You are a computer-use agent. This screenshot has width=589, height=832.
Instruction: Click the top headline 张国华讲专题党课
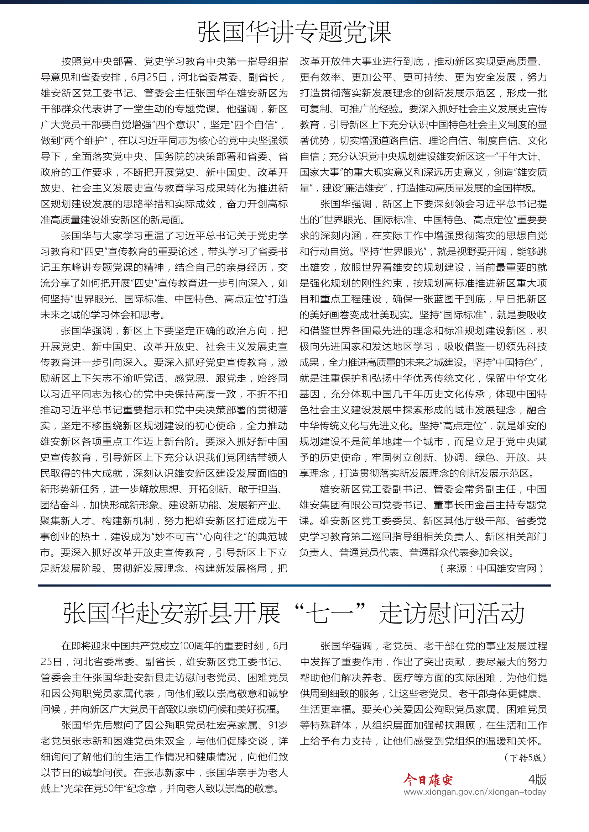[294, 32]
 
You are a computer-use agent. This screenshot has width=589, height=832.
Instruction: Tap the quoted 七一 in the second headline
[329, 614]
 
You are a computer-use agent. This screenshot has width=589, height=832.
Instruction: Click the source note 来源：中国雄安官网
[491, 568]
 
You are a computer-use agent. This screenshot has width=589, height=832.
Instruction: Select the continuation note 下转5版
[525, 757]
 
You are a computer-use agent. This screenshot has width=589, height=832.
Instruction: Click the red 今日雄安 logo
[428, 779]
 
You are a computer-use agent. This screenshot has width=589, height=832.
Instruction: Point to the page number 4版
[537, 779]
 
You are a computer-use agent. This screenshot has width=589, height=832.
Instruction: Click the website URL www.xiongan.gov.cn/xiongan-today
[474, 792]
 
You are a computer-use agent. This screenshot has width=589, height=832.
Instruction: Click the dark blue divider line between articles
[294, 585]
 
